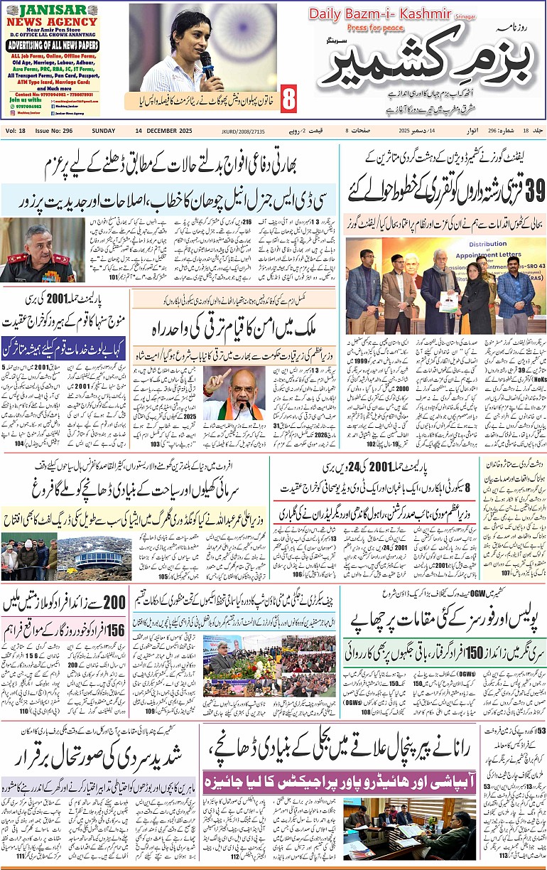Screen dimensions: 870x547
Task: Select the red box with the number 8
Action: pos(289,100)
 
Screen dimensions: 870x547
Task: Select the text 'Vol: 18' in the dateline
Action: pos(16,131)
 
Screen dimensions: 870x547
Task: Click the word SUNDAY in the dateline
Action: pos(104,131)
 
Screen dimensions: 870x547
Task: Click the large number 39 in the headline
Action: pos(528,189)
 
